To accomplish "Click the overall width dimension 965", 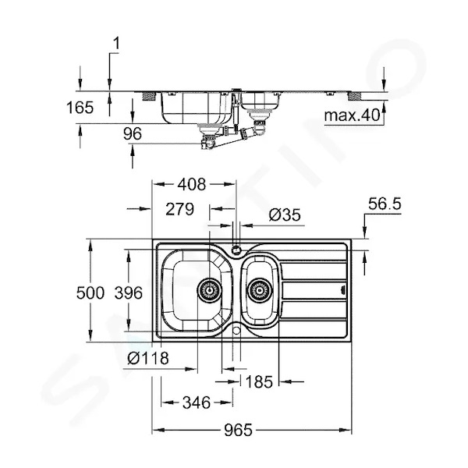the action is (239, 430).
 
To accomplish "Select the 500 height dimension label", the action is (90, 292).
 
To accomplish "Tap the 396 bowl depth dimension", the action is (129, 292).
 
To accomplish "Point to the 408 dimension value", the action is (192, 184).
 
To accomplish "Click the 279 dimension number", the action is (179, 209).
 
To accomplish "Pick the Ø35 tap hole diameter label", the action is (285, 215).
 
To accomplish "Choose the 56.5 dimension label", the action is (385, 204).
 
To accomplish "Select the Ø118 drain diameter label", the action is (148, 357).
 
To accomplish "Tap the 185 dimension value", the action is (259, 381).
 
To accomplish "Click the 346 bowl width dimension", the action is (197, 402).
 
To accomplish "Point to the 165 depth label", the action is (80, 108).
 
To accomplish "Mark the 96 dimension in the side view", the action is (133, 133).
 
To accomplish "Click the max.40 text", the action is (353, 115).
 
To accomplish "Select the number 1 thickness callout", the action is (116, 43).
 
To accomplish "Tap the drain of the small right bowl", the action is (260, 290).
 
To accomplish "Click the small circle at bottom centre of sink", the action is (236, 330).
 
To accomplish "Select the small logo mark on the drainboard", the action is (342, 289).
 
